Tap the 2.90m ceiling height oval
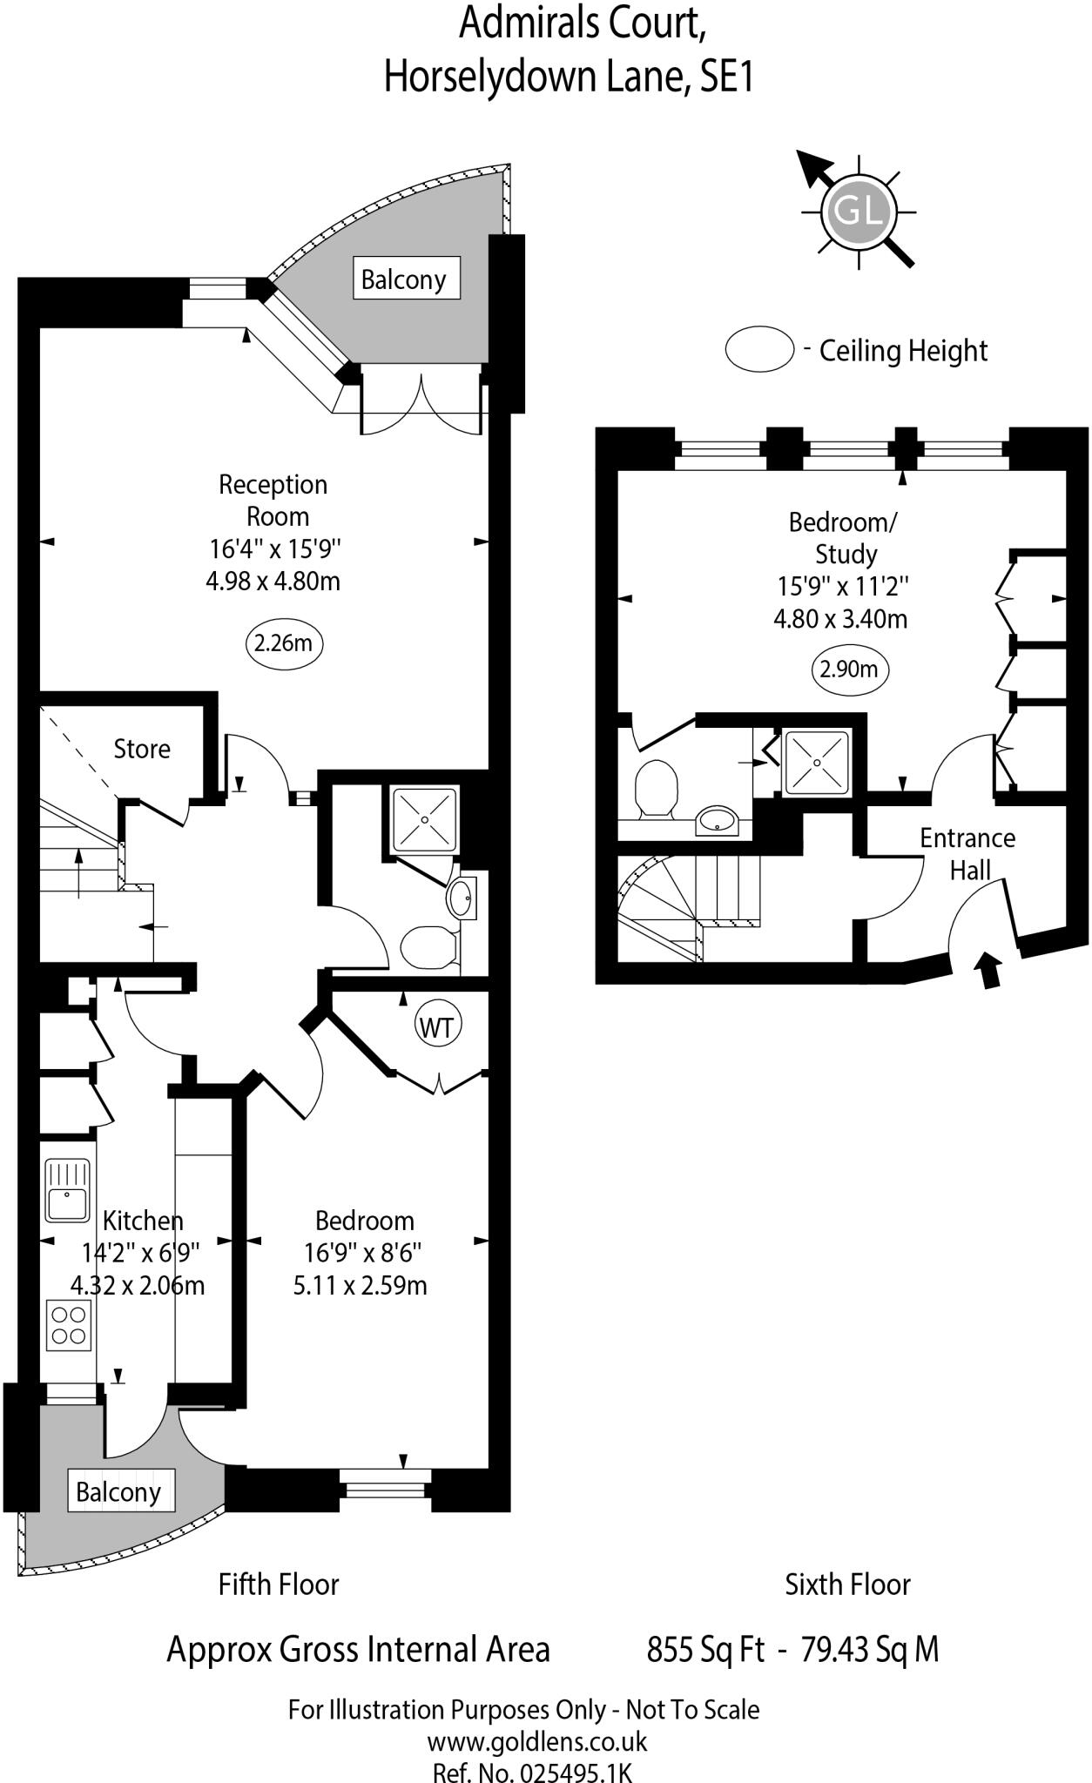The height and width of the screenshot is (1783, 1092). click(850, 669)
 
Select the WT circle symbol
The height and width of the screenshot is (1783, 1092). click(437, 1027)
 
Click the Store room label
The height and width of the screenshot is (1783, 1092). click(142, 749)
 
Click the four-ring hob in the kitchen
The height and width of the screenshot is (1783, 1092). click(68, 1325)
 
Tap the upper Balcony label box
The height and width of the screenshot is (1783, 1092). click(405, 279)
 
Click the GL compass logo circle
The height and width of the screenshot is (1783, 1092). click(859, 211)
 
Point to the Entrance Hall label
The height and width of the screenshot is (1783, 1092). click(968, 853)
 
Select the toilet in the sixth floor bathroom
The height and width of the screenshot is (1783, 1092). click(656, 789)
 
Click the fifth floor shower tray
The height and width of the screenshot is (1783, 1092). click(425, 819)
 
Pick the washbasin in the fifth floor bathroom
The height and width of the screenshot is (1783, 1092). click(462, 897)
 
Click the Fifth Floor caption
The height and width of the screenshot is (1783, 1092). click(279, 1584)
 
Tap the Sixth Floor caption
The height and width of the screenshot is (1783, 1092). click(848, 1584)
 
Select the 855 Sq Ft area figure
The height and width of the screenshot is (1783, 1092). click(706, 1650)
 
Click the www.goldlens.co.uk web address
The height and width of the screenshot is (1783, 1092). click(537, 1741)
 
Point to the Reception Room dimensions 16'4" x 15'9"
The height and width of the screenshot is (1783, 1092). click(275, 549)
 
